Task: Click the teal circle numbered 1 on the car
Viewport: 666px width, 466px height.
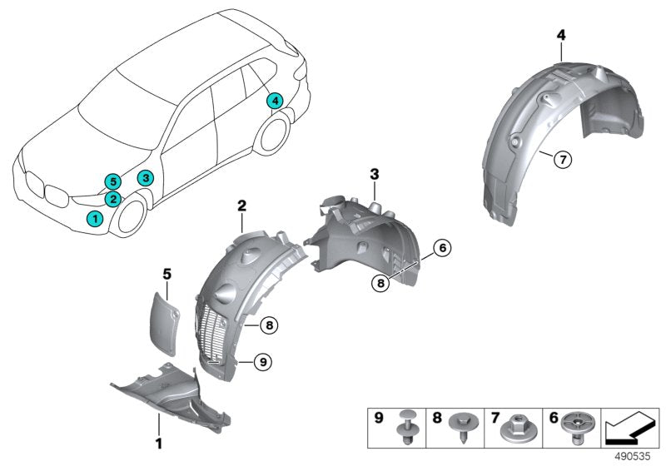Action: (x=95, y=218)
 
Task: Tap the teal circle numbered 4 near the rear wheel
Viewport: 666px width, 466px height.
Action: (x=274, y=102)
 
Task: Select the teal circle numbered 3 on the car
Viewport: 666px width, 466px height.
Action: (x=145, y=178)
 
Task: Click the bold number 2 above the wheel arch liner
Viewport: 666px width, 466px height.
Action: (x=241, y=205)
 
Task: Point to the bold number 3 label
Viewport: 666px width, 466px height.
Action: (x=375, y=174)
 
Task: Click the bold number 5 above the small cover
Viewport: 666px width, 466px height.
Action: (x=166, y=272)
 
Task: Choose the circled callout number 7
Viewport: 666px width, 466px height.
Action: (x=563, y=159)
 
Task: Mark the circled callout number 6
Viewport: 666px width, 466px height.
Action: (x=441, y=248)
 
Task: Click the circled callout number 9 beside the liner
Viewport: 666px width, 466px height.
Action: (x=261, y=361)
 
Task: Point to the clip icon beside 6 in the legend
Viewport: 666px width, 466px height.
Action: (x=569, y=428)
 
